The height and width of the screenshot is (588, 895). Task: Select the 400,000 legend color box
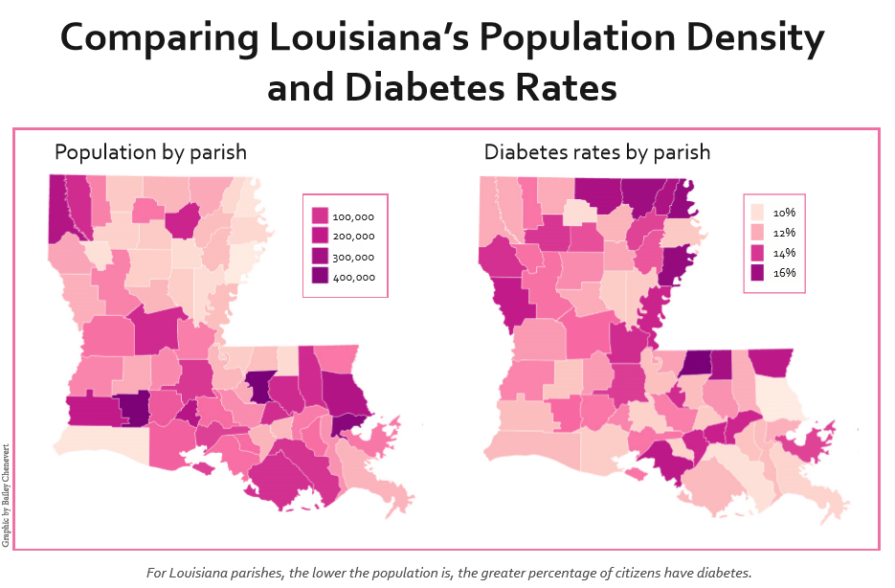320,277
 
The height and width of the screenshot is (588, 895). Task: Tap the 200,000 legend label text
354,237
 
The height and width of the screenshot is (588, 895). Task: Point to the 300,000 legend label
354,257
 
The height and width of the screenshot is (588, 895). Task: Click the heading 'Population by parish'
150,152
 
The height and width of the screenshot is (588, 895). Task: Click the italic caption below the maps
449,573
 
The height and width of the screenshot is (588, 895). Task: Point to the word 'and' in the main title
299,88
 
